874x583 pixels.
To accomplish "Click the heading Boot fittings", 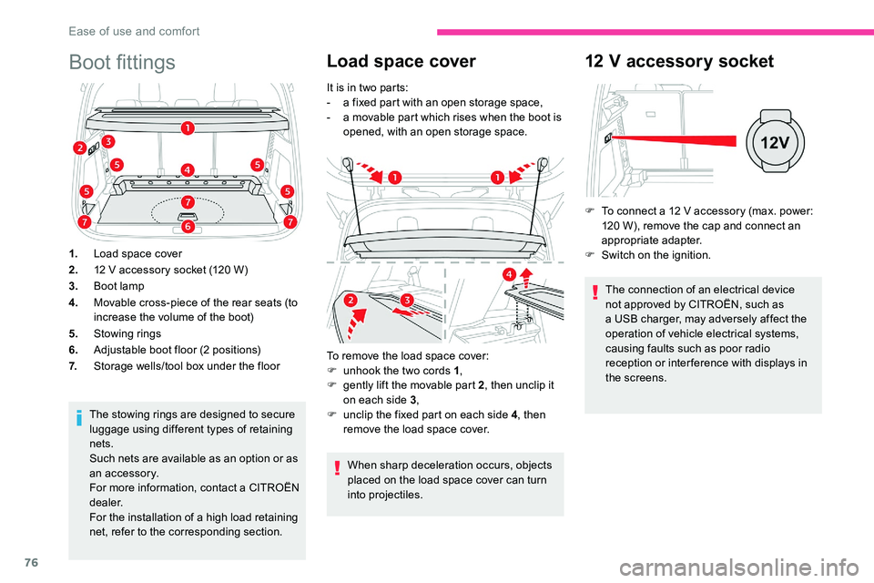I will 122,62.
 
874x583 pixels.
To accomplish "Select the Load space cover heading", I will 401,61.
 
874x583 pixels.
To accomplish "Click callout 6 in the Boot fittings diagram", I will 187,225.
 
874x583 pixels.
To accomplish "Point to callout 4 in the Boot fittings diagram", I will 187,169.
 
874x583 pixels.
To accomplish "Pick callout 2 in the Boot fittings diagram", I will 80,148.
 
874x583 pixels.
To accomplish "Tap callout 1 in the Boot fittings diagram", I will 187,128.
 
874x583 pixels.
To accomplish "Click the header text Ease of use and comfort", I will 134,31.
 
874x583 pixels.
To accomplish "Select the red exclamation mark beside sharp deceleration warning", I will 338,466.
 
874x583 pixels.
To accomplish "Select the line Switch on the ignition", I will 655,255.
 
